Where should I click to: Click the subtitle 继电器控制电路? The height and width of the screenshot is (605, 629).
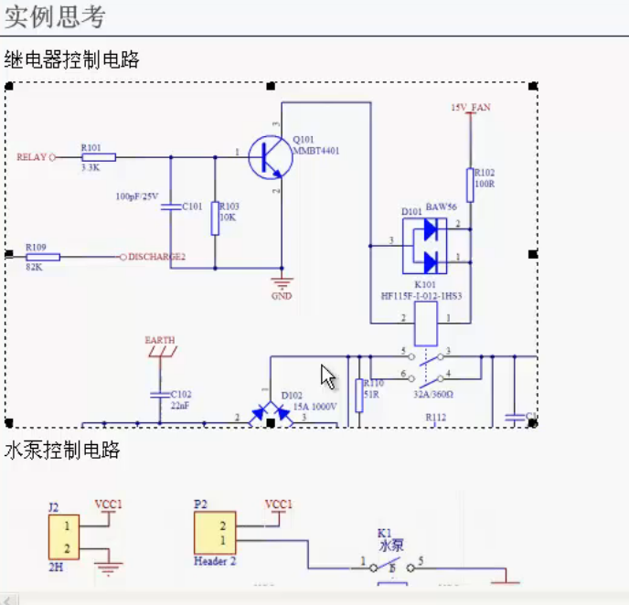point(71,60)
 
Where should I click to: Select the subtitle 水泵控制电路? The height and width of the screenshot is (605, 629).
point(62,451)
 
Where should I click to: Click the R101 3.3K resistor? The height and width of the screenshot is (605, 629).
point(98,157)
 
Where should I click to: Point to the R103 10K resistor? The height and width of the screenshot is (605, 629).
point(215,218)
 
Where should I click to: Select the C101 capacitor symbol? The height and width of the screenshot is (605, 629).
point(170,207)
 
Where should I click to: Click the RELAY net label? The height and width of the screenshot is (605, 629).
point(31,157)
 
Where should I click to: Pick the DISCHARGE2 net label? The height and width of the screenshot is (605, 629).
point(156,257)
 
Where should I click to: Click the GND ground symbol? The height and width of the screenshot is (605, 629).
point(282,283)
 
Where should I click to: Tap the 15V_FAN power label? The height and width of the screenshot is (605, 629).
point(470,108)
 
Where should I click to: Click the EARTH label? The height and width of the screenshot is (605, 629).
point(160,340)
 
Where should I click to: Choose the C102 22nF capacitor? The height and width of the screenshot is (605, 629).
point(160,394)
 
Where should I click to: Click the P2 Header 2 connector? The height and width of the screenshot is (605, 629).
point(215,532)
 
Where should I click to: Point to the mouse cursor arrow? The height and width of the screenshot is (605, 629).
point(327,377)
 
